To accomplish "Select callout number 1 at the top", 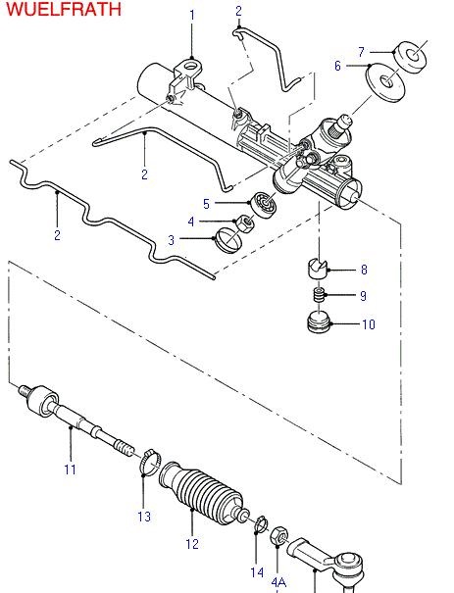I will pos(192,15).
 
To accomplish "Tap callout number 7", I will pos(361,51).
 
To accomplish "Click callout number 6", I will pos(337,66).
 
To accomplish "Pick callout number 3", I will pos(172,239).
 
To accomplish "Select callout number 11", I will pos(70,469).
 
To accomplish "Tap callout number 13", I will pos(145,516).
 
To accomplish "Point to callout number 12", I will pos(192,543).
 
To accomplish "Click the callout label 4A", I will pos(279,582).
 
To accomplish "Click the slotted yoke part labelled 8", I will pos(317,267).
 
